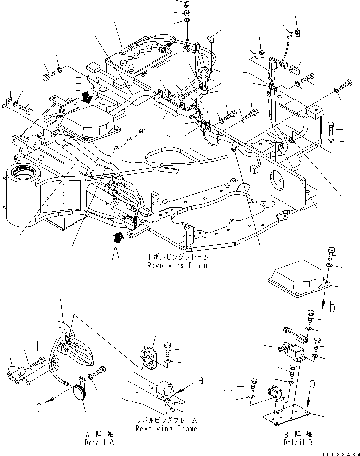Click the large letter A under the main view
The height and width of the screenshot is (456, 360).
click(115, 255)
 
